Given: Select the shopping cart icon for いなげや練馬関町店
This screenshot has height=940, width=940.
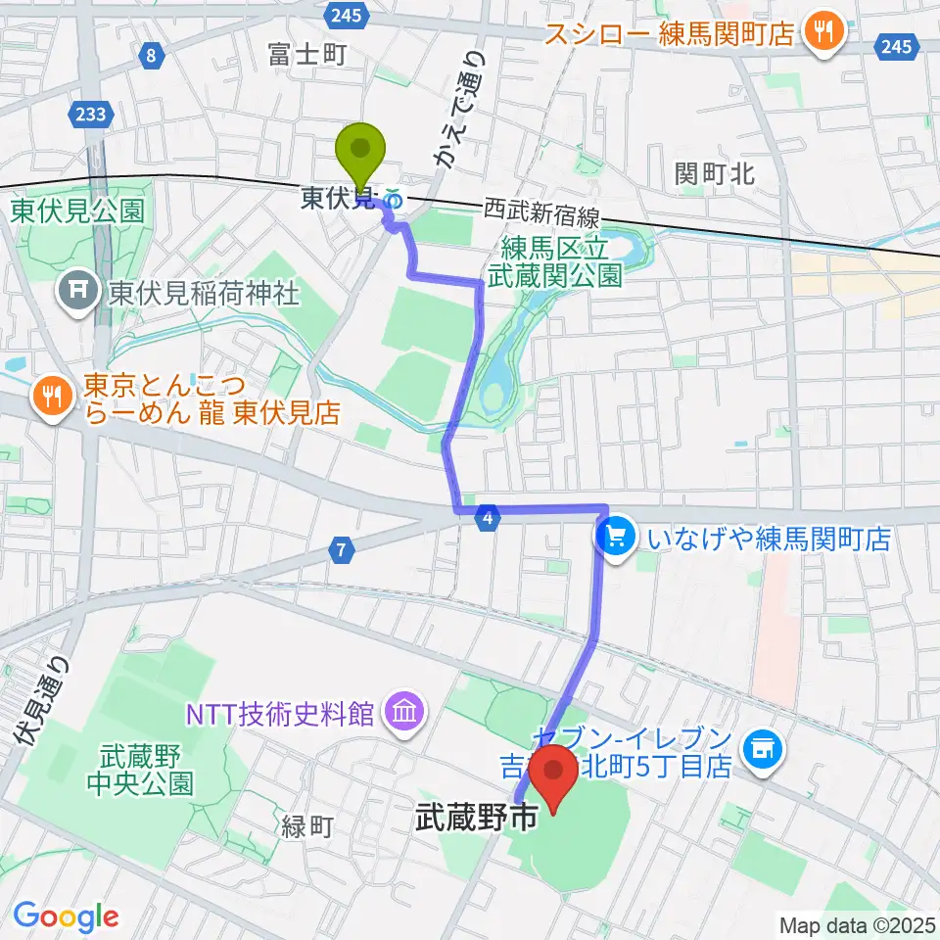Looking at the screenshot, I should [616, 537].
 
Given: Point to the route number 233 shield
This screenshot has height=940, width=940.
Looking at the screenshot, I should [91, 116].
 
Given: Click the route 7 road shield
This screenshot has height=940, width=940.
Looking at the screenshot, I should [340, 551].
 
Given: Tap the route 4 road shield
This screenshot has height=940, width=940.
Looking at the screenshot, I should [487, 518].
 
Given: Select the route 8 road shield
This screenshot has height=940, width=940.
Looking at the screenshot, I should [150, 57].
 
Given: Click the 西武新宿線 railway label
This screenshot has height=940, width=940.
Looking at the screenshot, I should [541, 211].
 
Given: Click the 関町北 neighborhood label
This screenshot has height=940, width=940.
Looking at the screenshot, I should [715, 174].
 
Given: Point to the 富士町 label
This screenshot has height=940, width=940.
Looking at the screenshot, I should [306, 55].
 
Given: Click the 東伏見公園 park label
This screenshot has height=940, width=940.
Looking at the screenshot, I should [78, 210].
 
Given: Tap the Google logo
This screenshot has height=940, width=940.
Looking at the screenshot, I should [67, 916].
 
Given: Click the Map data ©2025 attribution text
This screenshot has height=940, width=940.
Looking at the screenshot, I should [857, 924].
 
